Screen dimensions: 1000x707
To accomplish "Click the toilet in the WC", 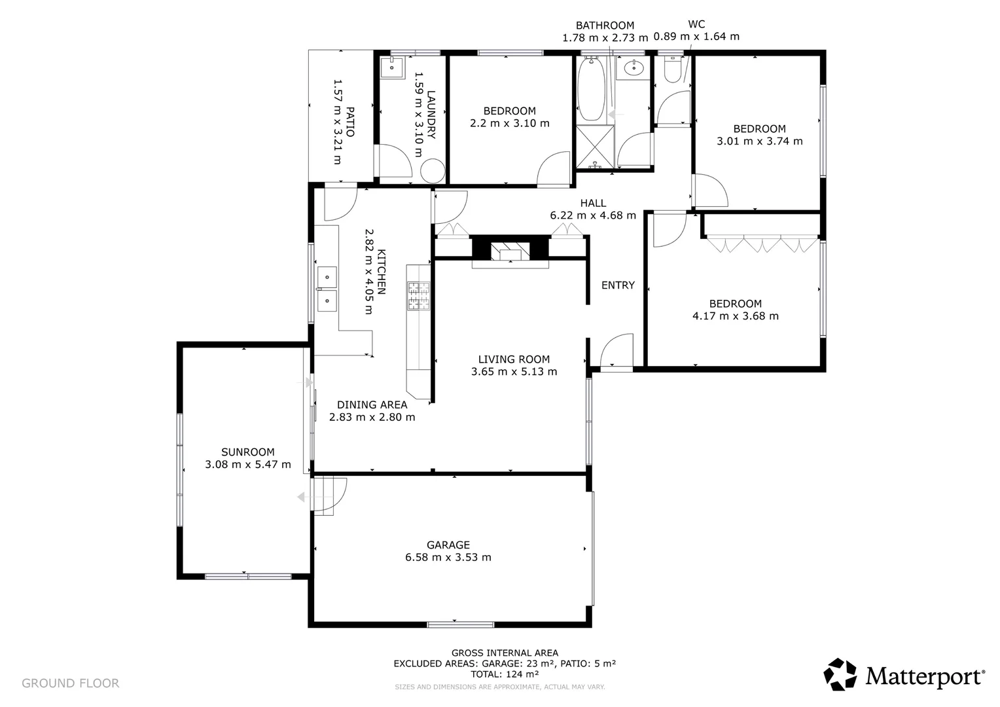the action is [673, 69].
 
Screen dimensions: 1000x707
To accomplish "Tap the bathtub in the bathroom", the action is [592, 89].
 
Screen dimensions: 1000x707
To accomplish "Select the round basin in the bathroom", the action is [634, 68].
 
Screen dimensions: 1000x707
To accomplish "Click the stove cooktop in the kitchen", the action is [418, 296].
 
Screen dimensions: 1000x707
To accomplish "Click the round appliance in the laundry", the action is [432, 171].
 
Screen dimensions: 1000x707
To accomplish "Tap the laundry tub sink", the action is [392, 68].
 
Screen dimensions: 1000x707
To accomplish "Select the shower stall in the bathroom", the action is [595, 147].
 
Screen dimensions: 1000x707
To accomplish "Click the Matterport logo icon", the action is [840, 674].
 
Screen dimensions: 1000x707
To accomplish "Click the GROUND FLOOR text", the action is [71, 683].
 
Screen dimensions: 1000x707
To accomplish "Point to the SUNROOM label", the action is [248, 452].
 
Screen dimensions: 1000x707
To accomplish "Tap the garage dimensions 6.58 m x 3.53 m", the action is [448, 557].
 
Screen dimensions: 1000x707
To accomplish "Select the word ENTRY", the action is [618, 285].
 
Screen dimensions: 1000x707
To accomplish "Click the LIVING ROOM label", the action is [514, 359].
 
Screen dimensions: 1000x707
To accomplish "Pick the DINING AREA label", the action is [372, 405].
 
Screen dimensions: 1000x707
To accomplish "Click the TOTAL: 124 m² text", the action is [505, 674].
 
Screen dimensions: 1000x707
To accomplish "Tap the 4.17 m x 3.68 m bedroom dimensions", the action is [735, 316].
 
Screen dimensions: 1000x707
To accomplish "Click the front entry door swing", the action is [616, 351].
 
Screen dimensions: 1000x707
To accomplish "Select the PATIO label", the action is [350, 122].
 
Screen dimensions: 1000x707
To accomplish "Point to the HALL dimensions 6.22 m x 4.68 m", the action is [593, 215].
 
